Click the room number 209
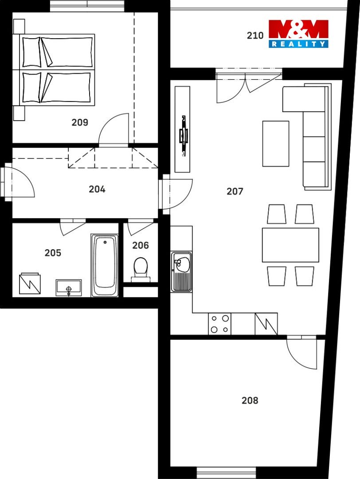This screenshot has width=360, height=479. click(x=80, y=122)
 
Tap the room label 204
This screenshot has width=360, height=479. click(x=97, y=189)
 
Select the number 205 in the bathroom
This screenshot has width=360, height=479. click(x=53, y=253)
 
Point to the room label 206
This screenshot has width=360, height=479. click(x=141, y=245)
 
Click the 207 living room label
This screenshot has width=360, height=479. click(x=235, y=192)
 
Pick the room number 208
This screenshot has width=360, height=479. click(x=250, y=400)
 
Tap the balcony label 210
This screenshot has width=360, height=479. click(x=255, y=36)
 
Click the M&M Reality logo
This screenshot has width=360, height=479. click(x=298, y=34)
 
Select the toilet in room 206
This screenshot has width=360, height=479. click(x=141, y=269)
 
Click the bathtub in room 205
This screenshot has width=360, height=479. click(x=105, y=265)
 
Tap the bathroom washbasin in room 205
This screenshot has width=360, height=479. click(x=68, y=288)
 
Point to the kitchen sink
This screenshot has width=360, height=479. click(x=181, y=271)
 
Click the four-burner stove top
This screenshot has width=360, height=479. click(x=220, y=324)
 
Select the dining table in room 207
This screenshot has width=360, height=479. click(x=290, y=245)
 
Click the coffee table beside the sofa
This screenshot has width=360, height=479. click(x=276, y=144)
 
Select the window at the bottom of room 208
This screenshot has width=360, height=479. click(x=226, y=473)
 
